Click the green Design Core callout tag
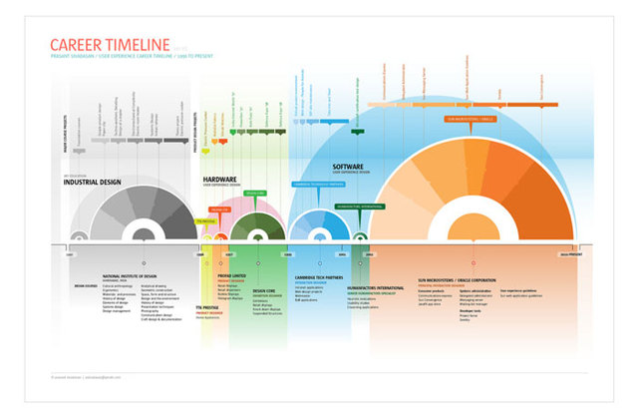click(x=255, y=193)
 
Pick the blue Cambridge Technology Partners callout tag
click(x=317, y=184)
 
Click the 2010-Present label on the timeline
click(x=570, y=255)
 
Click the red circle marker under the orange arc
click(x=476, y=239)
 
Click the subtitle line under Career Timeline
click(x=130, y=58)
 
